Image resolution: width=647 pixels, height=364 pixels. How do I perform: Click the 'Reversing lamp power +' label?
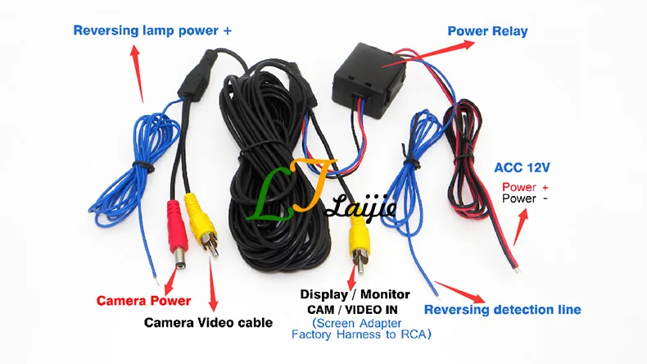(152, 31)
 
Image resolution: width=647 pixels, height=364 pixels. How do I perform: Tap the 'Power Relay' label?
(487, 31)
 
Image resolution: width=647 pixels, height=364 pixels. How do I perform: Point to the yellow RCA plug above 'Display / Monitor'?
(358, 243)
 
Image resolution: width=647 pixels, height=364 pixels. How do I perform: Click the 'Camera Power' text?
(143, 300)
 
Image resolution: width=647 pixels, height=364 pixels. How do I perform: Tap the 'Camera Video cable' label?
(208, 322)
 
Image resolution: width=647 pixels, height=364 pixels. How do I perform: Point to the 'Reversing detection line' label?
(503, 309)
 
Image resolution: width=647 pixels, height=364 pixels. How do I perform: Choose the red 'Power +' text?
(525, 187)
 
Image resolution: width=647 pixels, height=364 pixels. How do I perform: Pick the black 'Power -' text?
(525, 198)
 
